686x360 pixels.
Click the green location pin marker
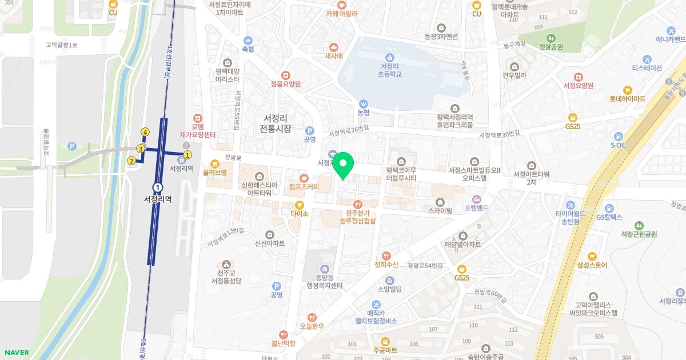(x=343, y=166)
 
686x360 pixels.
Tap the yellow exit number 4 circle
(x=145, y=133)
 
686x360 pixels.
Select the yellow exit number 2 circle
(x=131, y=161)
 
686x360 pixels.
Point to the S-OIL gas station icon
(x=618, y=136)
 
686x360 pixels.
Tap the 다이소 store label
(x=299, y=214)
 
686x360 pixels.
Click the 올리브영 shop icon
(x=215, y=163)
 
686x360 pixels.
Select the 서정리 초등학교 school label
(x=390, y=70)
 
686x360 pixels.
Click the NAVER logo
(x=15, y=353)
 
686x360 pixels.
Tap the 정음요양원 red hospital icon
(x=286, y=75)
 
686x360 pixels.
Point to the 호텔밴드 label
(x=477, y=208)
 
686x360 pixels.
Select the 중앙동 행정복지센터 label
(x=324, y=282)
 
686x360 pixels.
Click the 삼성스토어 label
(x=592, y=265)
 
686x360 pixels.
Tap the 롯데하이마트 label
(x=627, y=98)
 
